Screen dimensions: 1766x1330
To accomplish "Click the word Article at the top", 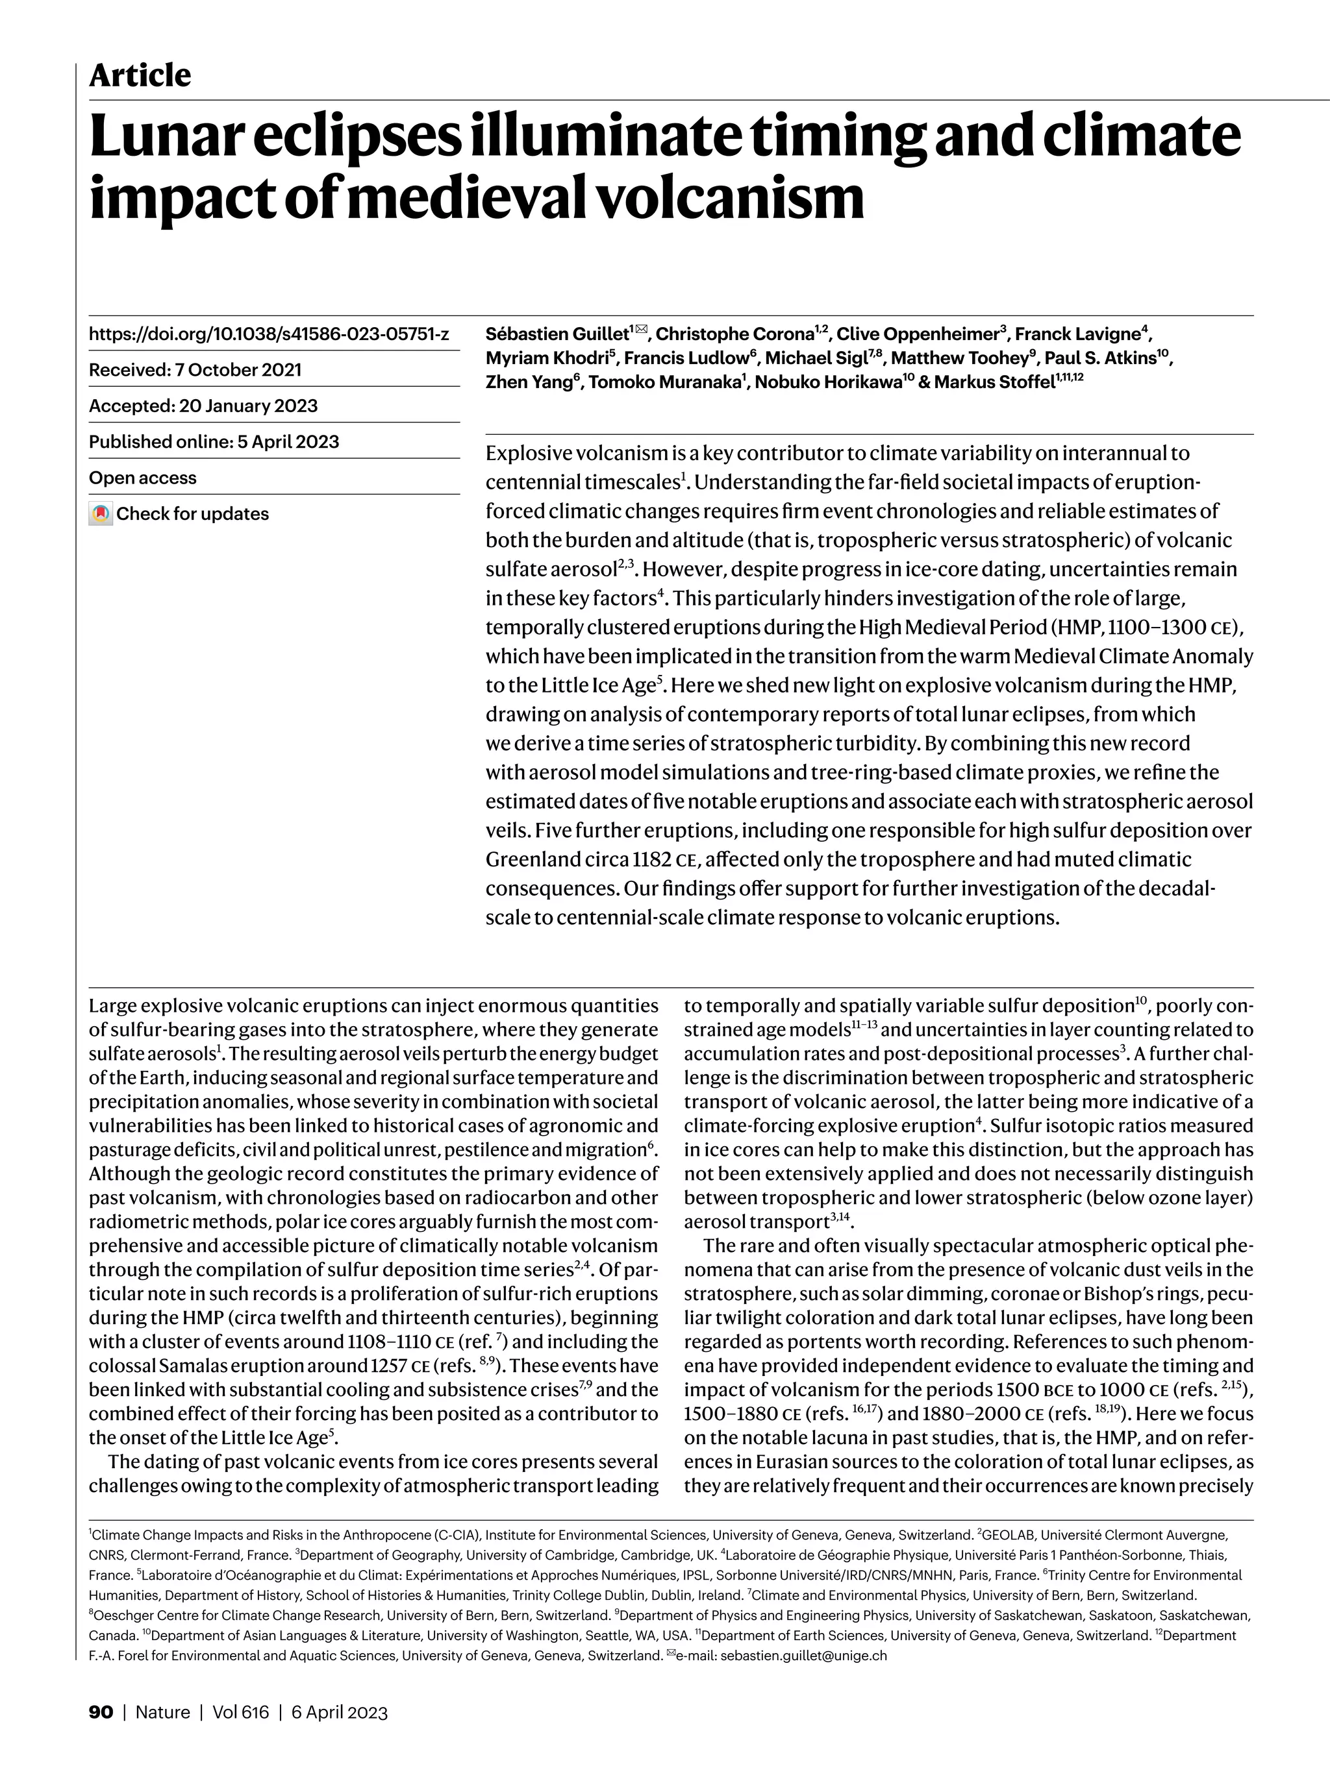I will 140,76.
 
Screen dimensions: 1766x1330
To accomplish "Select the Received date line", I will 195,370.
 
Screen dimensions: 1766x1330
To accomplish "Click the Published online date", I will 214,441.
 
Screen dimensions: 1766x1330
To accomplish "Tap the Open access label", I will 142,478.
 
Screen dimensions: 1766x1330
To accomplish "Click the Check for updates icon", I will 100,513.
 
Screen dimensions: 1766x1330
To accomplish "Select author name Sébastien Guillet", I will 557,334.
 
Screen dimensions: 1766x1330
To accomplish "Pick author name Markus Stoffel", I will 992,382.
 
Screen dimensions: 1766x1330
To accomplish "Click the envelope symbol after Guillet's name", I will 640,330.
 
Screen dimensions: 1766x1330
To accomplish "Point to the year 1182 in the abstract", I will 651,860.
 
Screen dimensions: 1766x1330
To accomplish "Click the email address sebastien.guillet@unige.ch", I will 803,1655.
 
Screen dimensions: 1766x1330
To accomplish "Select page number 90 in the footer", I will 101,1711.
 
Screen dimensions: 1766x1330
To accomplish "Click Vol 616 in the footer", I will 240,1711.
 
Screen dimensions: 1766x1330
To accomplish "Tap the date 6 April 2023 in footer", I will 339,1711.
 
